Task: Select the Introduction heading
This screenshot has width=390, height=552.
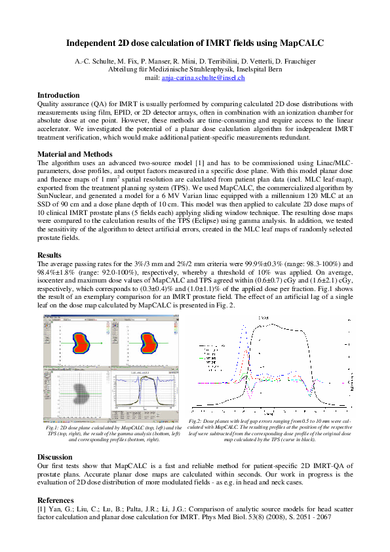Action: click(58, 95)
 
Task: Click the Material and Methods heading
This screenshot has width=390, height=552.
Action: click(75, 154)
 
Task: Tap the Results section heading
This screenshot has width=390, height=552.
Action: click(49, 255)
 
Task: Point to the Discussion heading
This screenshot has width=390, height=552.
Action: click(56, 457)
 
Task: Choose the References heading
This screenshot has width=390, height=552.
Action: click(57, 500)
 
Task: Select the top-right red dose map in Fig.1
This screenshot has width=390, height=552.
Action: click(149, 343)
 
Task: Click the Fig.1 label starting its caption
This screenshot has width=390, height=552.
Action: click(51, 427)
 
